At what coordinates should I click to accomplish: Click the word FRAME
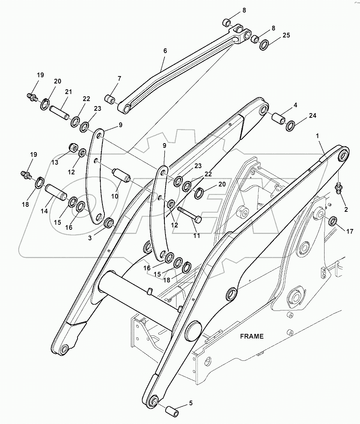click(252, 336)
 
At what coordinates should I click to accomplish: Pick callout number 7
click(119, 78)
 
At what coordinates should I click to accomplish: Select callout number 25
click(286, 35)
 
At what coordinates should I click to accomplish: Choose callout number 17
click(349, 231)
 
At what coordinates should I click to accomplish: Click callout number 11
click(196, 236)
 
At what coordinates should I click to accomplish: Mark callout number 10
click(115, 196)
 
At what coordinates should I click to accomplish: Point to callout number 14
click(44, 211)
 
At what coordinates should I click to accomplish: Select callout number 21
click(69, 92)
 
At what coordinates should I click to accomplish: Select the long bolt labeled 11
click(189, 215)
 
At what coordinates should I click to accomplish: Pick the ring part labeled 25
click(264, 45)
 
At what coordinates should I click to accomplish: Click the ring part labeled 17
click(333, 222)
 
